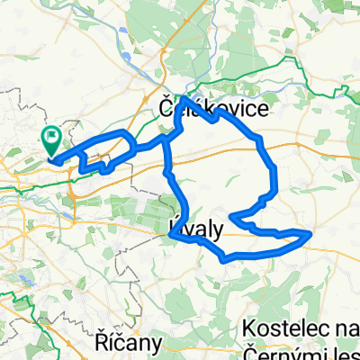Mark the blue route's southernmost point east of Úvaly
225,259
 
